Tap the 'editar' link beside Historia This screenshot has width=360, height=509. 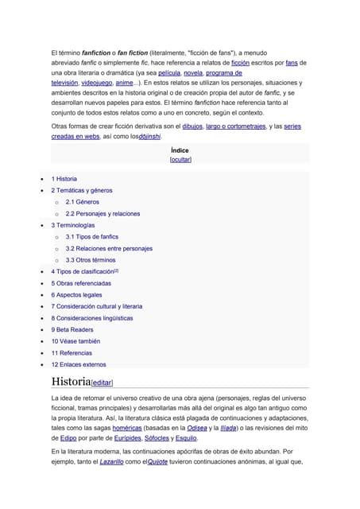pyautogui.click(x=107, y=383)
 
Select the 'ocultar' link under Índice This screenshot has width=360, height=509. pyautogui.click(x=180, y=159)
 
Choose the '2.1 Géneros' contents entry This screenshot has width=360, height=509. pyautogui.click(x=83, y=202)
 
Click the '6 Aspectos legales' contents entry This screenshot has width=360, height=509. pyautogui.click(x=77, y=294)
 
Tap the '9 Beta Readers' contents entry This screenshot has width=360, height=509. pyautogui.click(x=72, y=329)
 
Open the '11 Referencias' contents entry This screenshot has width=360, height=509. pyautogui.click(x=72, y=352)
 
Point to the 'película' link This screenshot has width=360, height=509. pyautogui.click(x=174, y=72)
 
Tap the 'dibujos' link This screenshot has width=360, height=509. pyautogui.click(x=193, y=126)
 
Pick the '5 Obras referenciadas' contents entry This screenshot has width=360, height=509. pyautogui.click(x=81, y=283)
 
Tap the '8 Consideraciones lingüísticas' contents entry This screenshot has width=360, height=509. pyautogui.click(x=92, y=317)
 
